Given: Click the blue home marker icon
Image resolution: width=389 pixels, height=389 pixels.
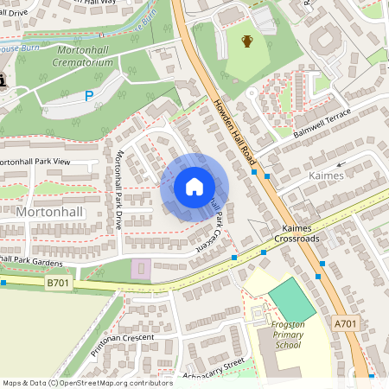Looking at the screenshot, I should [194, 187].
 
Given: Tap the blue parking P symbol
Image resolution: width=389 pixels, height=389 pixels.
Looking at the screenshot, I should [89, 97].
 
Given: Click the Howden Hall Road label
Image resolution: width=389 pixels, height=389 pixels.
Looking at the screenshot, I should [236, 131].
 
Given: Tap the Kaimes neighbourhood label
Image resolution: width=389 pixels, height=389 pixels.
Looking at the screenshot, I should [326, 175].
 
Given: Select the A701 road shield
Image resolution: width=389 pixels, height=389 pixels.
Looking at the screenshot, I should [344, 322].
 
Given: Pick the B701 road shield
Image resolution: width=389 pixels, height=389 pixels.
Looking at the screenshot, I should [58, 283].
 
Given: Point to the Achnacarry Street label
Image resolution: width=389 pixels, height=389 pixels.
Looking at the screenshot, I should [209, 368].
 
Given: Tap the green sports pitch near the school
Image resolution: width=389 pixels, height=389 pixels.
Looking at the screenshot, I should [292, 298].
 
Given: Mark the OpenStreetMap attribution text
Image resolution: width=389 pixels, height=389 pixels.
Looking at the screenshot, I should [76, 383].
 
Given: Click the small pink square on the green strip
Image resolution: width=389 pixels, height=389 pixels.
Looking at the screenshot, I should [140, 268].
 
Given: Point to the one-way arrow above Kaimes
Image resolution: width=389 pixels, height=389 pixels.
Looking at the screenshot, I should [339, 163].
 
